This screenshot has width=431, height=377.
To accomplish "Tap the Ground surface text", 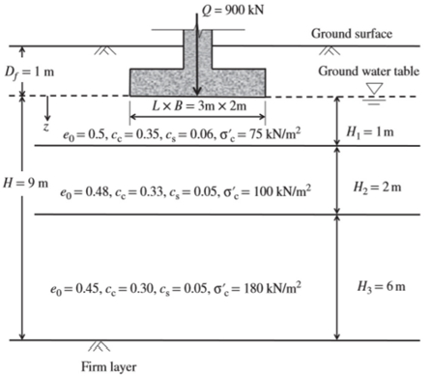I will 352,35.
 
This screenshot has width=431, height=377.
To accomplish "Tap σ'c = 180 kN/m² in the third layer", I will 259,286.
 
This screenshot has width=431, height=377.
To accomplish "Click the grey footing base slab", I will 198,79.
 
